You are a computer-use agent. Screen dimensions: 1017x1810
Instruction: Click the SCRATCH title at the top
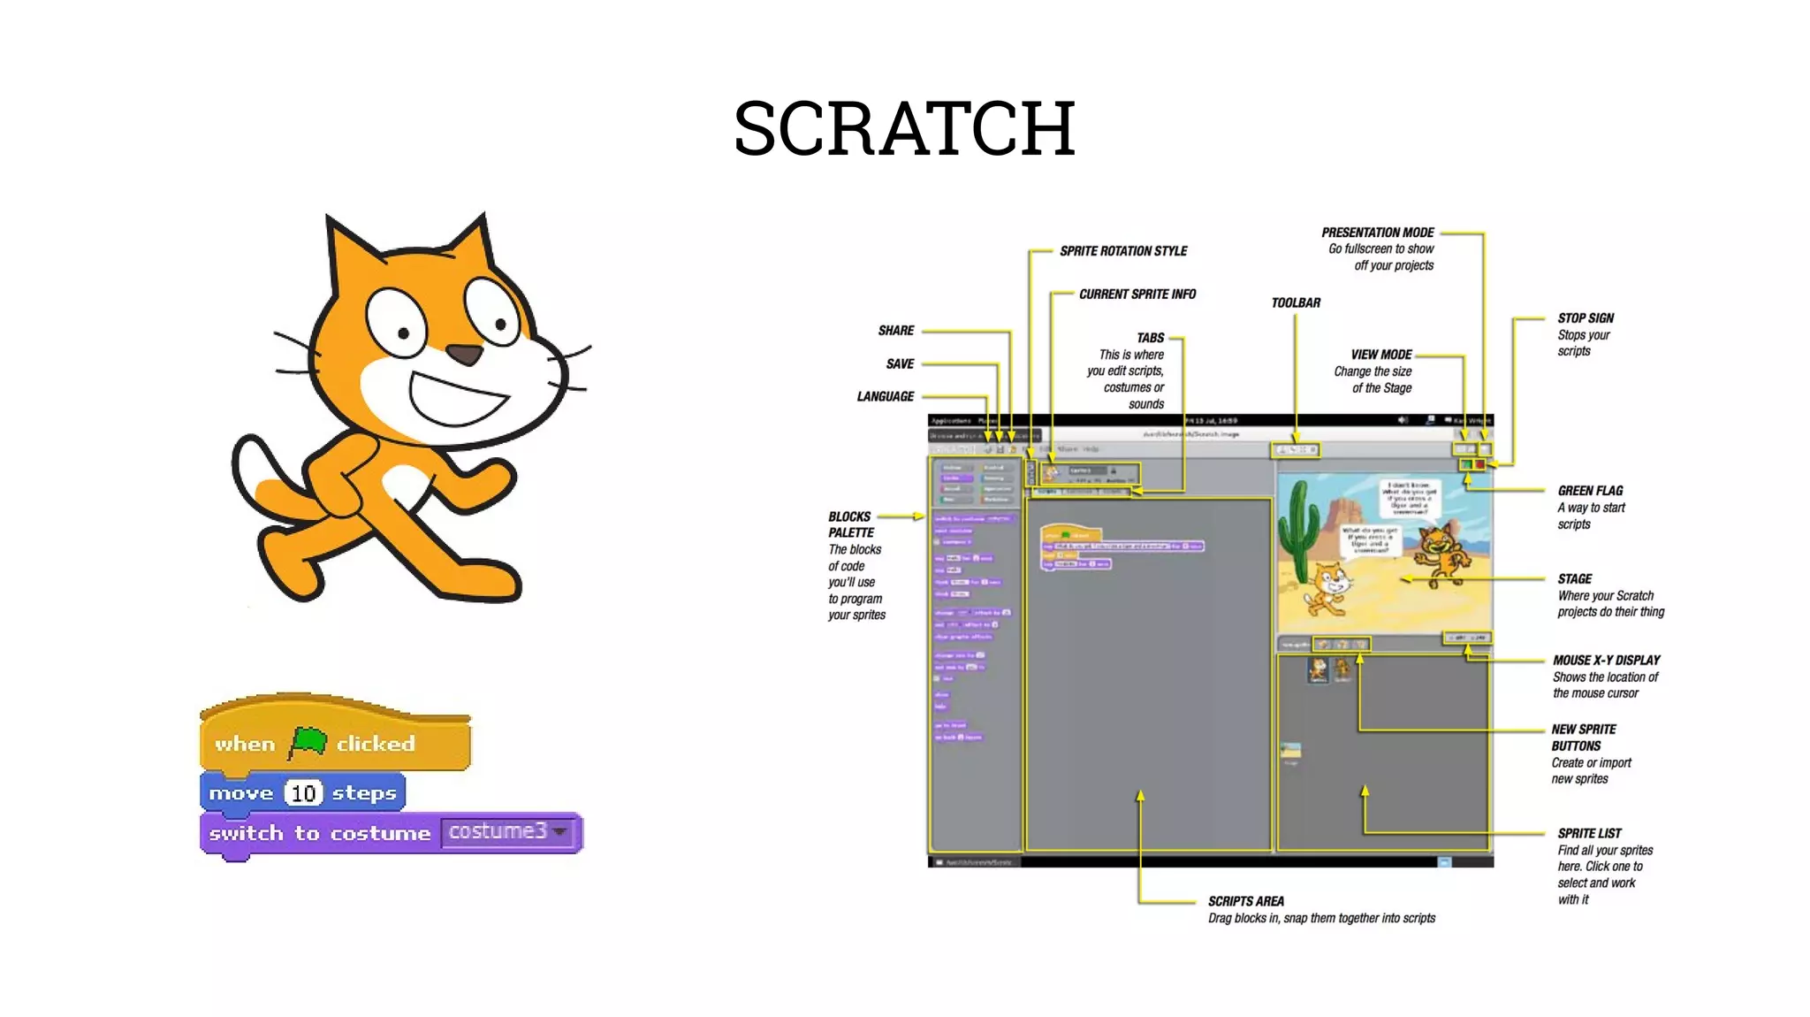click(x=904, y=129)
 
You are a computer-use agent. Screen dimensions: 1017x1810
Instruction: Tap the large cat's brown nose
click(x=464, y=355)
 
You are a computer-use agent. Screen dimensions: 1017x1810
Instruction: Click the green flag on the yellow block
click(x=308, y=742)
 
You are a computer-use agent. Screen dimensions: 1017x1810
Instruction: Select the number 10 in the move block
click(x=303, y=793)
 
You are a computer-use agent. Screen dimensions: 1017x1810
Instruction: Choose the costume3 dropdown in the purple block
click(x=508, y=832)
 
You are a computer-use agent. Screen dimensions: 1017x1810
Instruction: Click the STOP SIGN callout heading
click(x=1586, y=318)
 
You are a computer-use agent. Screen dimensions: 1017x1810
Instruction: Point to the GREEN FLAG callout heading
click(x=1590, y=491)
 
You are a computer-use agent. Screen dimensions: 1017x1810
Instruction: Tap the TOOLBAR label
click(x=1296, y=303)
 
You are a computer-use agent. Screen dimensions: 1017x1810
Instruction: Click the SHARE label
click(x=895, y=331)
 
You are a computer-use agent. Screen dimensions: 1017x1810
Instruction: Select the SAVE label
click(x=900, y=364)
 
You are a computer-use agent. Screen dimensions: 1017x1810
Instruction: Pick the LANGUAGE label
click(x=885, y=397)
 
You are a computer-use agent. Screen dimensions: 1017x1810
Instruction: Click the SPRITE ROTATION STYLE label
click(x=1123, y=251)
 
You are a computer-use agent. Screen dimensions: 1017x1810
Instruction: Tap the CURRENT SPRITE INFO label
click(x=1137, y=294)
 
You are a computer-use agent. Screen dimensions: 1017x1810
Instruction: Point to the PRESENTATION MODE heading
click(x=1377, y=233)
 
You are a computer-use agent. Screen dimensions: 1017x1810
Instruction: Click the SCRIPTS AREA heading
click(x=1245, y=901)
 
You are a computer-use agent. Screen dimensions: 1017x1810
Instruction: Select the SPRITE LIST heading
click(x=1589, y=833)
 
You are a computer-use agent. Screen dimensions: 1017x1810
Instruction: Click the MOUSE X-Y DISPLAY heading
click(x=1606, y=661)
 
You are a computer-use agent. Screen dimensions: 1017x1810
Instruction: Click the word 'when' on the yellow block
click(x=245, y=745)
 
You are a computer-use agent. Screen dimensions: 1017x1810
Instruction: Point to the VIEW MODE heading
click(x=1380, y=355)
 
